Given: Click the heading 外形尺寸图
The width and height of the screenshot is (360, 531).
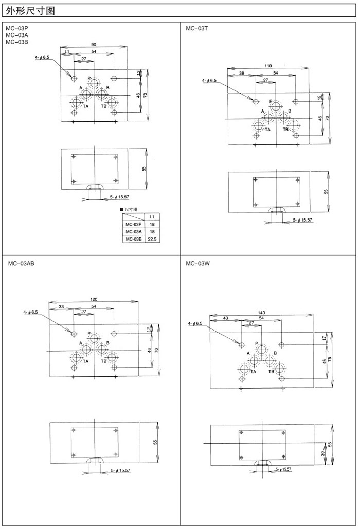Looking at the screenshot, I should tap(30, 10).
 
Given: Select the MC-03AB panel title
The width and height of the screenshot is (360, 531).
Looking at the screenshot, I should tap(21, 263).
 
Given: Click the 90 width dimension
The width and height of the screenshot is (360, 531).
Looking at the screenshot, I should tap(94, 45).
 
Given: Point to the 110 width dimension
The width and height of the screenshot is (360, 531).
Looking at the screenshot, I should tap(268, 66).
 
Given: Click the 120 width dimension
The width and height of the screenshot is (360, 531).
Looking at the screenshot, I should tap(93, 299).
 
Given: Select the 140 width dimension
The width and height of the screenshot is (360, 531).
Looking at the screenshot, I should tap(261, 313).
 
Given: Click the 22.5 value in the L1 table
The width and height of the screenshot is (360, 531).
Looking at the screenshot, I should tap(152, 239).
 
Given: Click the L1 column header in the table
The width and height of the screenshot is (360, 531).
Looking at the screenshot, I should tap(152, 217).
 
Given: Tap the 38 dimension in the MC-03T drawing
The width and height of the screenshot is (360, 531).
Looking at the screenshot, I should tap(242, 73).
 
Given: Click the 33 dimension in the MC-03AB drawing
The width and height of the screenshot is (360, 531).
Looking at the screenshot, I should tap(61, 306).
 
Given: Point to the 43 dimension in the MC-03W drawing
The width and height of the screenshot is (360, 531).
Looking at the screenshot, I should tap(226, 319).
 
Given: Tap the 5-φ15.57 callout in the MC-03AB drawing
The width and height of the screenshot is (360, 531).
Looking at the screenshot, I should tap(121, 470).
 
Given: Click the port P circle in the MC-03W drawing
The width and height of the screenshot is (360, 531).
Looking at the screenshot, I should tap(262, 350).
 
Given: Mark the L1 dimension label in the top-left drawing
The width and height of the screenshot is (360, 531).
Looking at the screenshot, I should tap(67, 52).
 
